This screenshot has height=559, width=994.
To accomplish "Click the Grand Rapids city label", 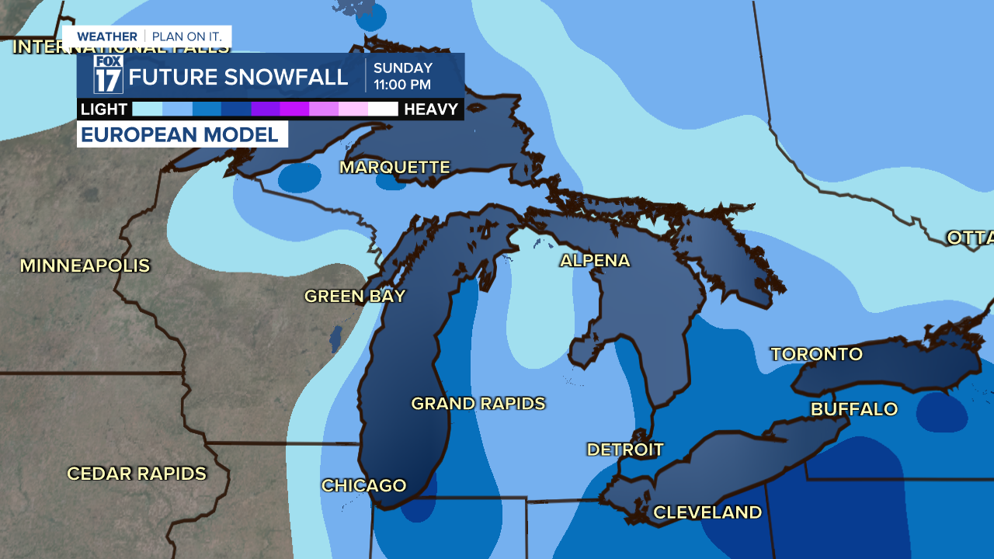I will (478, 404).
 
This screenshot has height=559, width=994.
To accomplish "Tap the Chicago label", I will (363, 486).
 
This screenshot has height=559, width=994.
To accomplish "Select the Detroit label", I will (625, 450).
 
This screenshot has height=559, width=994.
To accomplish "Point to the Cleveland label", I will (707, 512).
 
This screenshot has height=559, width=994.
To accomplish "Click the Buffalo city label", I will (853, 409).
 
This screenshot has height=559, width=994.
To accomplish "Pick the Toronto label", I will (816, 355).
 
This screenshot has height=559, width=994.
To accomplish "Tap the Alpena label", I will (595, 261).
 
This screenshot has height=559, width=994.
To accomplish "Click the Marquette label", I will (394, 168).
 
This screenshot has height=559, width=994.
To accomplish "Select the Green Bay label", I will (355, 297).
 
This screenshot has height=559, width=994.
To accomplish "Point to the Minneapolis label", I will (85, 266).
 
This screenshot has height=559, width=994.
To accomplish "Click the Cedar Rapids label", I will (137, 474).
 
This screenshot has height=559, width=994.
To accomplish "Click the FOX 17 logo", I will (108, 75).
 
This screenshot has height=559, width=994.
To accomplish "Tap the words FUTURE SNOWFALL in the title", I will (238, 77).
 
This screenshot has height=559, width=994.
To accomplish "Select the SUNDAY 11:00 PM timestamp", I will (402, 76).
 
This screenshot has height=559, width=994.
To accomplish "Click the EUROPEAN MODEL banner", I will (181, 134).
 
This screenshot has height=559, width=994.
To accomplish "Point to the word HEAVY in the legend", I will (431, 109).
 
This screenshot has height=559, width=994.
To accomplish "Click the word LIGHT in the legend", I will (104, 109).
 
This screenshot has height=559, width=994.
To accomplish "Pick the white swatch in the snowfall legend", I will (383, 109).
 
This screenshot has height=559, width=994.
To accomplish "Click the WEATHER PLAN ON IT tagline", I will (148, 36).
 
